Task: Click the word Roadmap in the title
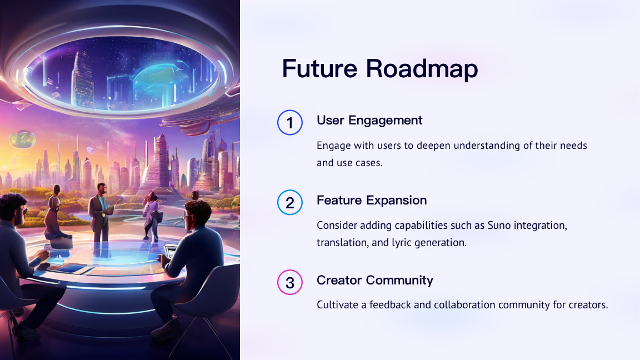coord(422,68)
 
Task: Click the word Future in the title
coord(319,68)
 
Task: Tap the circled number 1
coord(290,122)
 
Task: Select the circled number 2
coord(290,202)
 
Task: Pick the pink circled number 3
coord(290,282)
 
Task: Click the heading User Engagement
coord(369,121)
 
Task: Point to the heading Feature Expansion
coord(372,201)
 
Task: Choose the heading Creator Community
coord(374,281)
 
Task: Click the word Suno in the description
coord(499,226)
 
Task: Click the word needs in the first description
coord(573,146)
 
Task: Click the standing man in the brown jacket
coord(101,213)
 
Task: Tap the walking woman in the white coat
coord(152,216)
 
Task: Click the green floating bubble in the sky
coord(23,139)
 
